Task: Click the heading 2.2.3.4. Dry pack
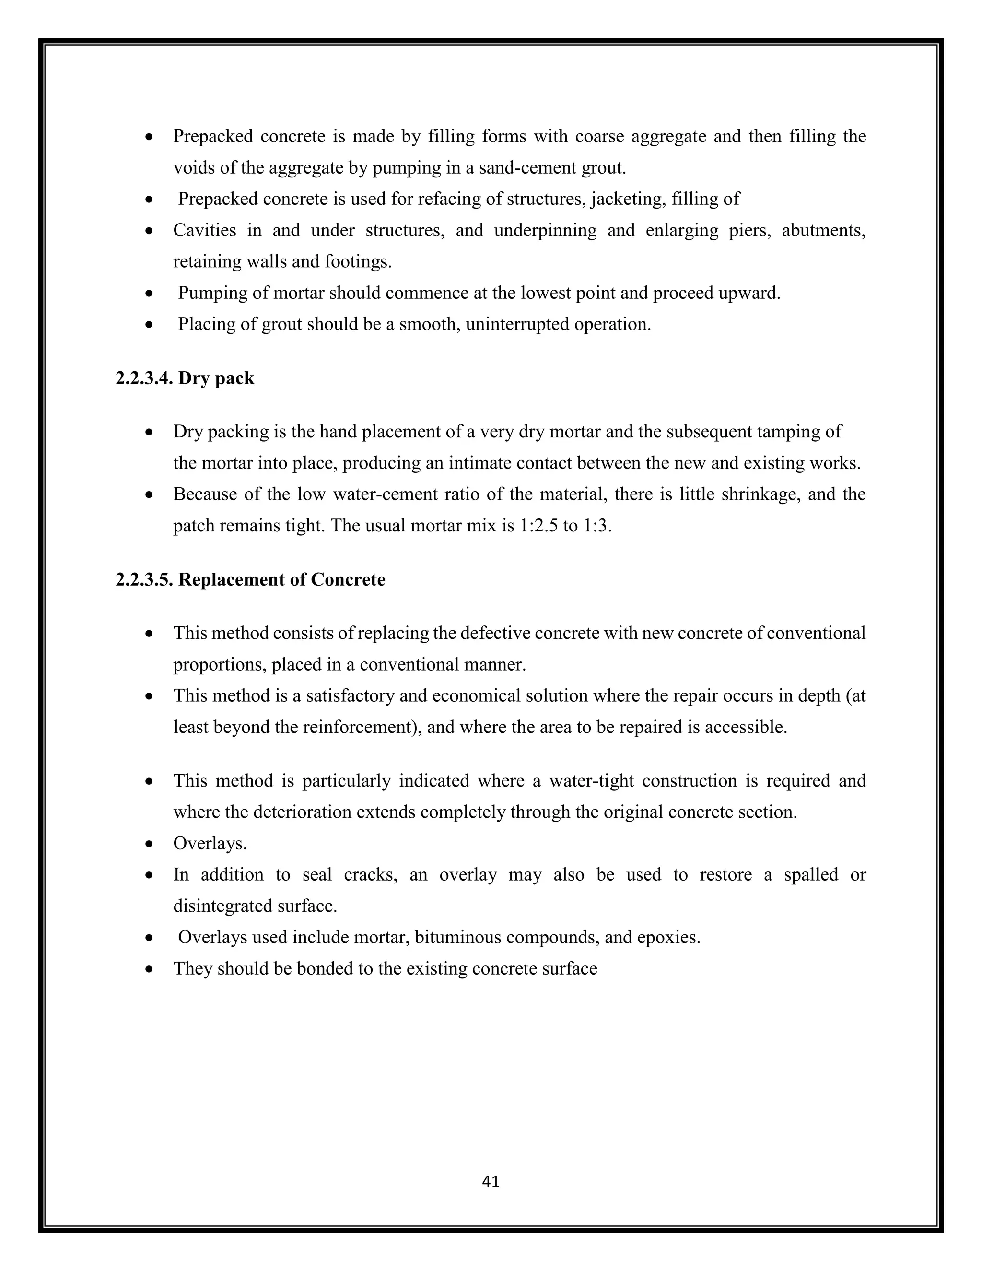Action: tap(185, 378)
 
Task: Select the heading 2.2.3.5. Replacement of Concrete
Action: tap(250, 580)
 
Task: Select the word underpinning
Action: tap(545, 230)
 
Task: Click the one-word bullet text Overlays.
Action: tap(210, 843)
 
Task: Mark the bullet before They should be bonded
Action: tap(150, 969)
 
